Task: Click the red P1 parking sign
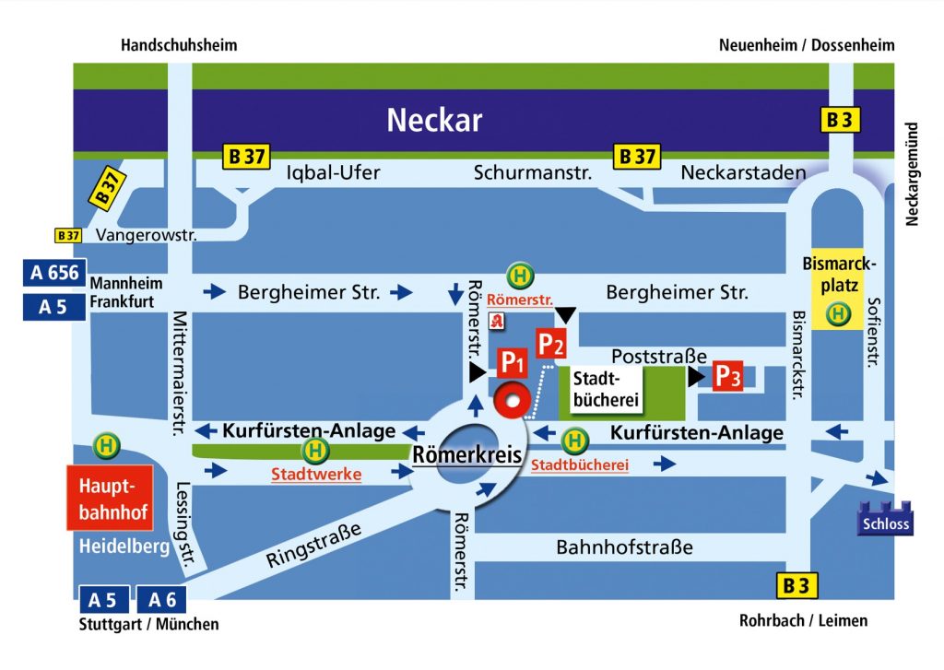(512, 363)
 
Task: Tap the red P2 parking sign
(551, 344)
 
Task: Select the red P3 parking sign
(727, 376)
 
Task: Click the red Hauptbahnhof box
(109, 498)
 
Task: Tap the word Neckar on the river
(434, 120)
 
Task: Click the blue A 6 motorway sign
(163, 600)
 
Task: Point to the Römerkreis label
(466, 454)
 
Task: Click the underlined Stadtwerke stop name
(316, 475)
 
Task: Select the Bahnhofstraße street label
(624, 547)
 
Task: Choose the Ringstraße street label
(312, 546)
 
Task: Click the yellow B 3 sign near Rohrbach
(796, 585)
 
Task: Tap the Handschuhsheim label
(179, 45)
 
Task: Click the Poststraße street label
(659, 356)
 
